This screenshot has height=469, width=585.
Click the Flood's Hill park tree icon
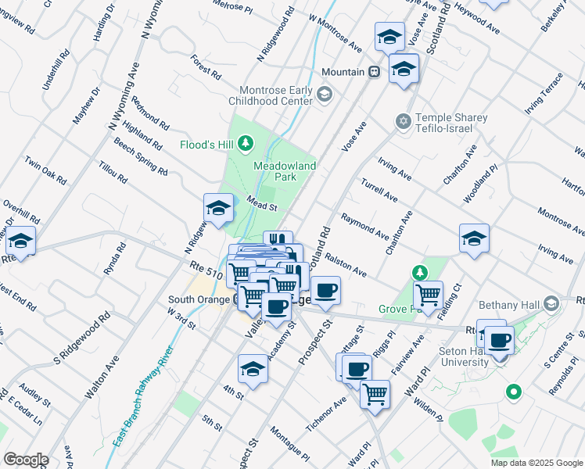tap(246, 143)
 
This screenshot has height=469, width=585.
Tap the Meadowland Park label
tap(285, 172)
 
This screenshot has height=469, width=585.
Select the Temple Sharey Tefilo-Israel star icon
tap(404, 121)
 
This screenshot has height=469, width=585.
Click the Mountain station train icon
tap(375, 72)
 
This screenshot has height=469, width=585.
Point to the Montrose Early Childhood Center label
tap(270, 95)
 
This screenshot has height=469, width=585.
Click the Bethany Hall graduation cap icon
tap(551, 303)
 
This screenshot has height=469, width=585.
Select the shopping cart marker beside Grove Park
tap(429, 295)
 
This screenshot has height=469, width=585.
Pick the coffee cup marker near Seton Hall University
tap(500, 339)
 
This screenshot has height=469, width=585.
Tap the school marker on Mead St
tap(218, 208)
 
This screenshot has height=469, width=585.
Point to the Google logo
tap(26, 460)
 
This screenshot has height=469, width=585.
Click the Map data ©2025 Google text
tap(537, 463)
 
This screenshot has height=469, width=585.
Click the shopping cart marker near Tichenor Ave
tap(375, 393)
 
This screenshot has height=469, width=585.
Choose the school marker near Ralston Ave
tap(474, 238)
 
